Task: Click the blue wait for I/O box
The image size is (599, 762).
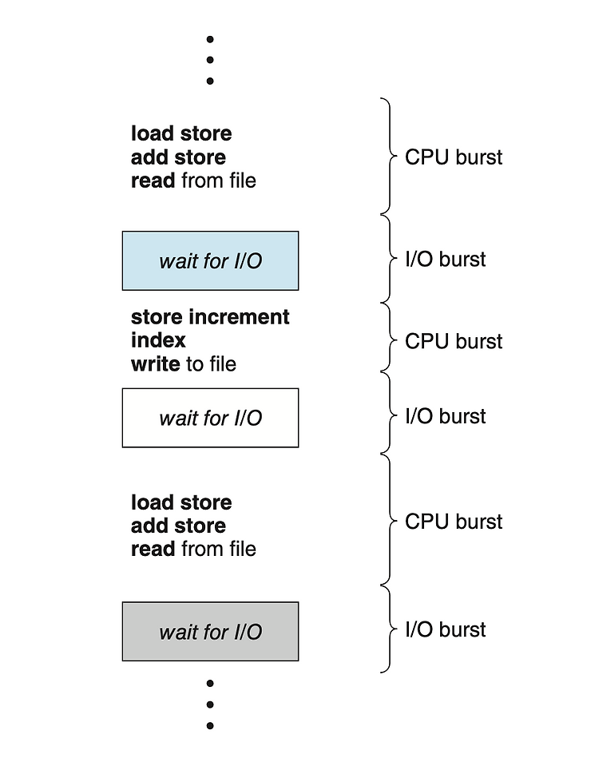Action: [x=210, y=261]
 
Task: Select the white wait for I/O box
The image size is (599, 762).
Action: [x=210, y=418]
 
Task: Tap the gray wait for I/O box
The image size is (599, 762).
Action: [x=210, y=632]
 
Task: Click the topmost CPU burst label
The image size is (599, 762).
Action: [x=454, y=157]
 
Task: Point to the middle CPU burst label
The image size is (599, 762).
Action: [x=454, y=341]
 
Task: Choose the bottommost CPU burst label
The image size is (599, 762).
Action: [x=454, y=522]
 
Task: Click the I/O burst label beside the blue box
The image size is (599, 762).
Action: [x=445, y=259]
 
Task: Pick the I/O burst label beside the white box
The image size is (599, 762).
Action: [x=445, y=416]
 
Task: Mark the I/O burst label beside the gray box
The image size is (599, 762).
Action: [x=445, y=629]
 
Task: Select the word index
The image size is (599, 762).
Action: [x=158, y=340]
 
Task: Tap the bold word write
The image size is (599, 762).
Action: [x=156, y=364]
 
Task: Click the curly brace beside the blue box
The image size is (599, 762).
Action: [x=389, y=259]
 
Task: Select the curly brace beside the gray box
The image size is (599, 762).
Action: [x=389, y=629]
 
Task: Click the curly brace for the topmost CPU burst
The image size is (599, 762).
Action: [x=389, y=156]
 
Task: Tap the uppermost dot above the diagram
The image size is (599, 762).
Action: [x=210, y=39]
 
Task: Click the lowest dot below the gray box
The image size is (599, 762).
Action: [x=210, y=725]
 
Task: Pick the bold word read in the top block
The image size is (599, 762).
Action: [x=153, y=181]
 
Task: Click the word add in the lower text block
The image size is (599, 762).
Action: [x=149, y=526]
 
